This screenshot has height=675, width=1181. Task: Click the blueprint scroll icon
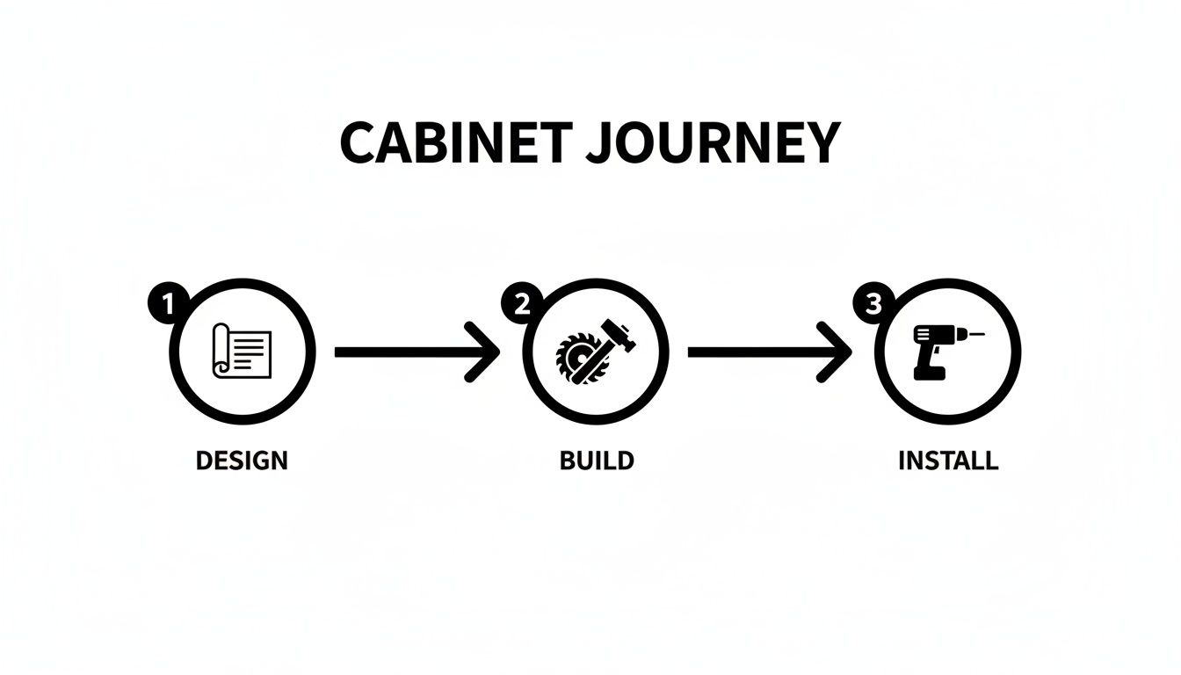243,351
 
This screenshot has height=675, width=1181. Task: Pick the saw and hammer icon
595,351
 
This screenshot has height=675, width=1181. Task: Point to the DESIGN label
242,460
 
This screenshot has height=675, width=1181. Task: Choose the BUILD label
597,460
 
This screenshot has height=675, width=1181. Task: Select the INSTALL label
948,460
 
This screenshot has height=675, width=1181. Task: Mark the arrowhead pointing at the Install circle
837,352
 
